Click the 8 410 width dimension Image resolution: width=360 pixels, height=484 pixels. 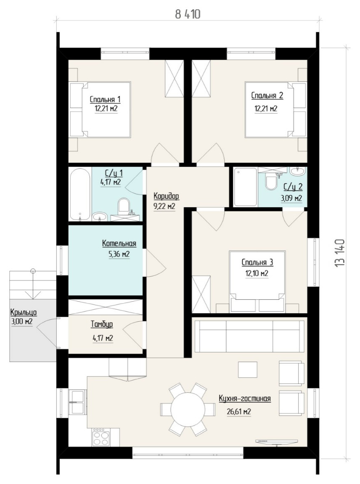[x=188, y=14]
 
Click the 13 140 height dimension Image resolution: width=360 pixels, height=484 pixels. [x=339, y=253]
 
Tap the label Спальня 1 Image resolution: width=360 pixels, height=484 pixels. [x=105, y=99]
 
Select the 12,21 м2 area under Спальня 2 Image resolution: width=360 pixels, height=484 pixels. [x=266, y=108]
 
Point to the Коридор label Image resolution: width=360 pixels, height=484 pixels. [x=166, y=196]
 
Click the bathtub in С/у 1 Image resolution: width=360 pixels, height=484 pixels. [x=80, y=194]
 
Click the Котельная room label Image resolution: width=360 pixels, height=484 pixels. [x=119, y=243]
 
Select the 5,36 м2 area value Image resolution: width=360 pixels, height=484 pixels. [x=119, y=254]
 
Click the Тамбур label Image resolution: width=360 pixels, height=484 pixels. [x=102, y=324]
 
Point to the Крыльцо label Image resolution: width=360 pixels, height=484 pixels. [x=24, y=312]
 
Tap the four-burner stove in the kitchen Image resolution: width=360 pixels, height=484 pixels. [x=101, y=438]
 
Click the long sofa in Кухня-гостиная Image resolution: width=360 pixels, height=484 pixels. [x=250, y=336]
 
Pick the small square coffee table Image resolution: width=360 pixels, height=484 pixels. [x=248, y=370]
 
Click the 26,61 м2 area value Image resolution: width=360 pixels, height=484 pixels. [x=238, y=412]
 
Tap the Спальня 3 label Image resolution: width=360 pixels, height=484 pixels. [x=257, y=262]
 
